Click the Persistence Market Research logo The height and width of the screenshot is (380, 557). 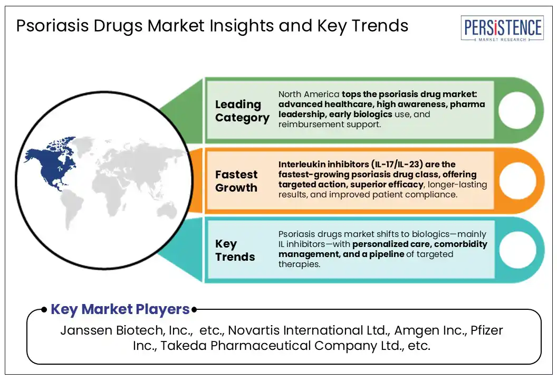coord(502,28)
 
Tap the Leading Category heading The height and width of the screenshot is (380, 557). coord(242,111)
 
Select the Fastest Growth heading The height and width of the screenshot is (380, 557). coord(236,181)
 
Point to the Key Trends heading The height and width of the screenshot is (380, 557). coord(235,250)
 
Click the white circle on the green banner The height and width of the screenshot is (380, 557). coord(517,110)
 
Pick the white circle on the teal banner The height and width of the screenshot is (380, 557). coord(517,250)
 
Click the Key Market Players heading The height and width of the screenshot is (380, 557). coord(120,309)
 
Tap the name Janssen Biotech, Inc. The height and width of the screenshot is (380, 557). coord(127,330)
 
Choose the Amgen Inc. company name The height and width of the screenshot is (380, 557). coord(430,330)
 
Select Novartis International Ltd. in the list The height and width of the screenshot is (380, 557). coord(309,330)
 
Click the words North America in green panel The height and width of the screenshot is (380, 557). coord(309,94)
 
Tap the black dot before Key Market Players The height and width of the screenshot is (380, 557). coord(44,310)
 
